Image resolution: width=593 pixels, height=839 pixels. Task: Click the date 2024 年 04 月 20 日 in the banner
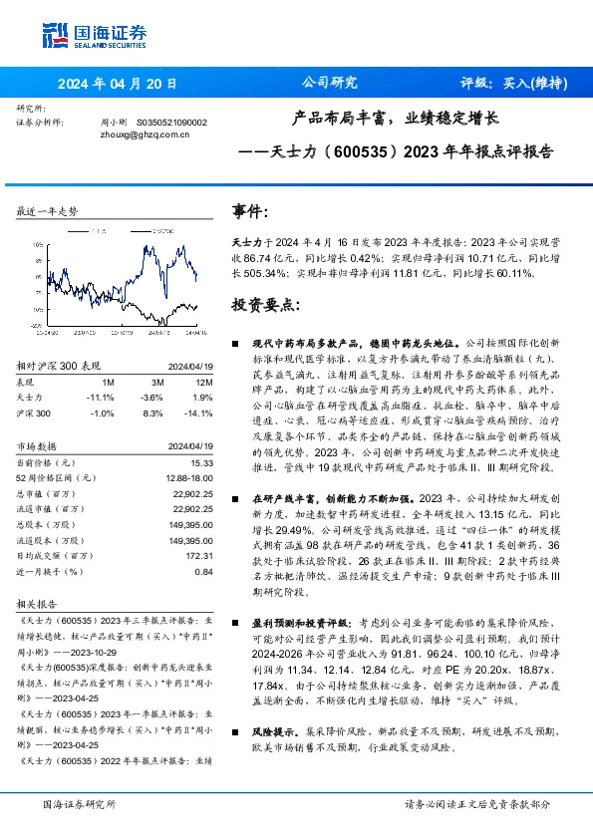pyautogui.click(x=118, y=84)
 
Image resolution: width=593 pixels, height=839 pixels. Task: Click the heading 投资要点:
pyautogui.click(x=265, y=303)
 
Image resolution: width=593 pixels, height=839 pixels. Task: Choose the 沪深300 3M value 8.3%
pyautogui.click(x=152, y=412)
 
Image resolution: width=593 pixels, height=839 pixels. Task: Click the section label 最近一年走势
pyautogui.click(x=47, y=212)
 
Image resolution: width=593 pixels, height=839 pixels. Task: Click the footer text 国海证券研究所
pyautogui.click(x=80, y=803)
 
